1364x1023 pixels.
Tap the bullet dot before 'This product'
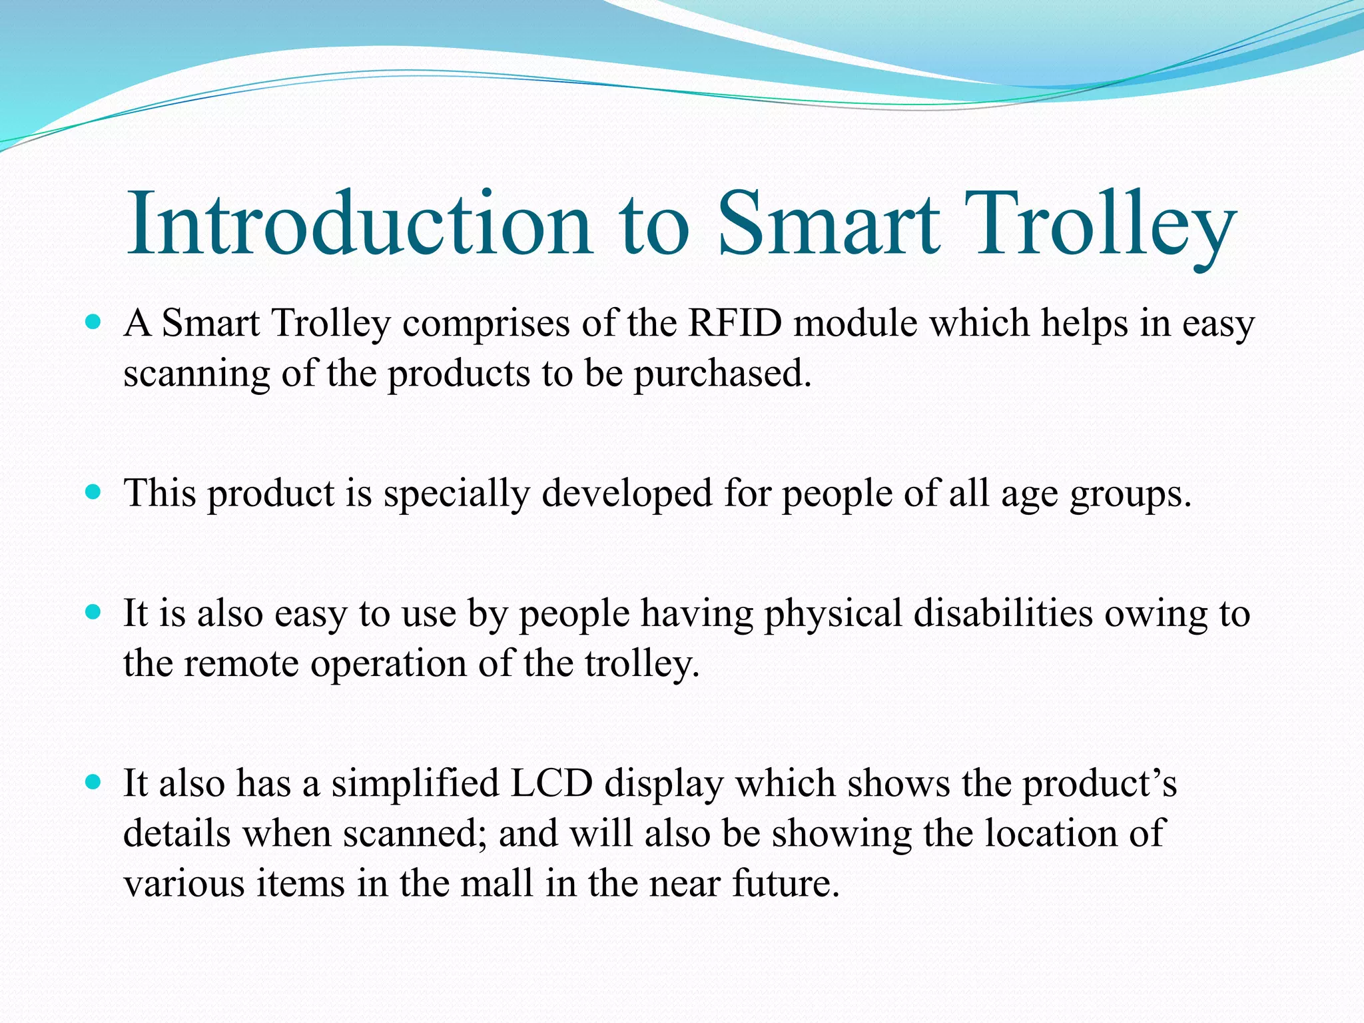pos(93,493)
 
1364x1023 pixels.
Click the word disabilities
pos(1003,613)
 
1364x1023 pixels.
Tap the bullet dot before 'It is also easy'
pos(93,612)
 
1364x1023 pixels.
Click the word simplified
pos(416,784)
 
